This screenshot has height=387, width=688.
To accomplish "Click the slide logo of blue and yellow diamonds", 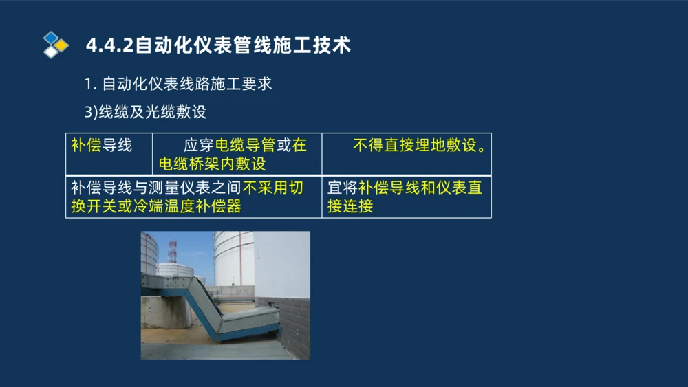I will [x=56, y=45].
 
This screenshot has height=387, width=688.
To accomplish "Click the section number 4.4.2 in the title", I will [x=110, y=45].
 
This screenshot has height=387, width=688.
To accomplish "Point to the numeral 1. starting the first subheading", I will [x=89, y=84].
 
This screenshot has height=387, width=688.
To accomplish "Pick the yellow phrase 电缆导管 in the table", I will [x=245, y=145].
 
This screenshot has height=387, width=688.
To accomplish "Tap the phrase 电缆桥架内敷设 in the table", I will [x=212, y=164].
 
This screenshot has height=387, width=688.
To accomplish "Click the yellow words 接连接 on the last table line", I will [x=350, y=206].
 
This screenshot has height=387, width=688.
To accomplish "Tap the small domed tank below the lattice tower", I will [x=175, y=269].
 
